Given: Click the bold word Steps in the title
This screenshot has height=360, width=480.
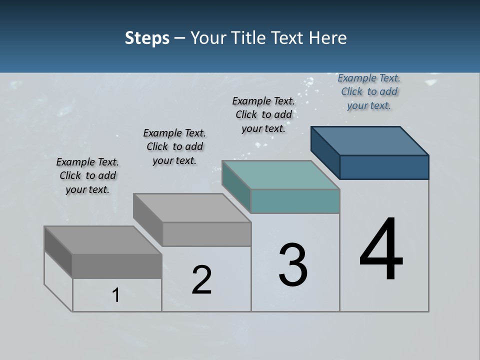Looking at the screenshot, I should click(x=147, y=38).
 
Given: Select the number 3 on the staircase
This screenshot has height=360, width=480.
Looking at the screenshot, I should click(x=293, y=265).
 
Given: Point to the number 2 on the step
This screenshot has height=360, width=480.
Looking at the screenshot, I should click(x=201, y=280).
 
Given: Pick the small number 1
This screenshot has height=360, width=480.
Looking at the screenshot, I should click(x=116, y=295).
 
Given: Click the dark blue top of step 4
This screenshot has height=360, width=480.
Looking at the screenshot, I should click(x=370, y=140).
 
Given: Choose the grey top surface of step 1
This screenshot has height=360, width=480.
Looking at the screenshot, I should click(x=103, y=240).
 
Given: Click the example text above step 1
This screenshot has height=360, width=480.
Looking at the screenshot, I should click(x=87, y=175).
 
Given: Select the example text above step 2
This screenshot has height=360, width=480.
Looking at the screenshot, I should click(x=174, y=146).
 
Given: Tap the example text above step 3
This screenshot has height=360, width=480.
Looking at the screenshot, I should click(x=263, y=114).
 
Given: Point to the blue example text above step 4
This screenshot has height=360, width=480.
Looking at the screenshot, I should click(x=369, y=91).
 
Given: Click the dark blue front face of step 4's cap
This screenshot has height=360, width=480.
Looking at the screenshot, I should click(x=384, y=167).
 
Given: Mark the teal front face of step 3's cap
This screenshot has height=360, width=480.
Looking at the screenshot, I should click(x=295, y=201).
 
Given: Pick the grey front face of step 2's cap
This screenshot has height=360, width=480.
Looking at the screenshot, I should click(x=206, y=234).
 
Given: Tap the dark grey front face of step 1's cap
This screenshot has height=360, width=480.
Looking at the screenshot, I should click(x=117, y=266).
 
